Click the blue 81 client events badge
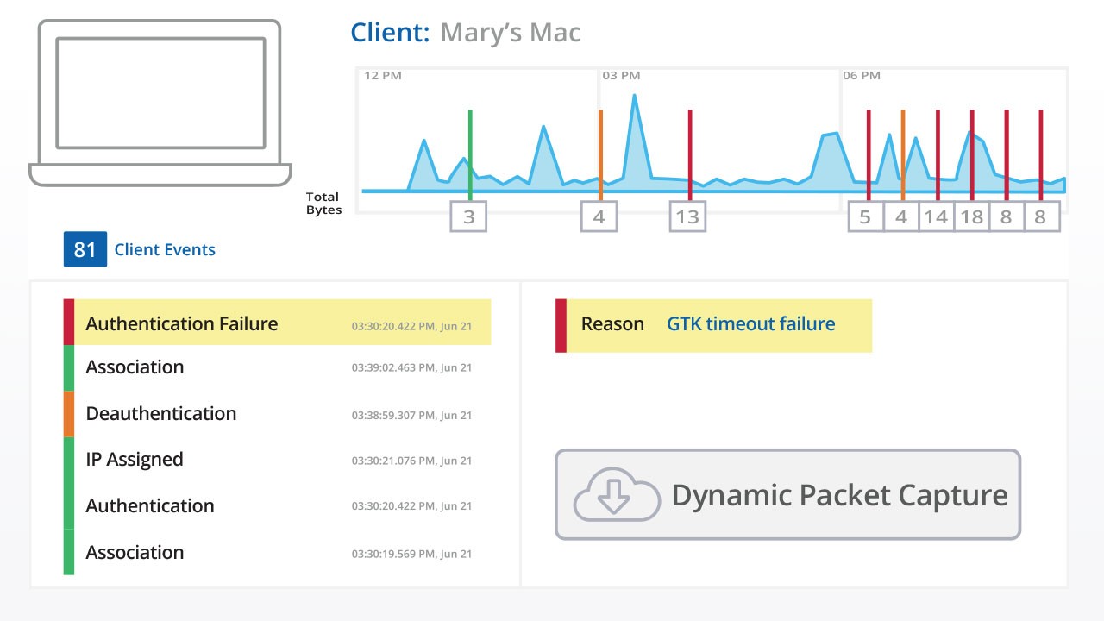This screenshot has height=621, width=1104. click(85, 249)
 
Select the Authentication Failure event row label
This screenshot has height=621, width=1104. click(182, 323)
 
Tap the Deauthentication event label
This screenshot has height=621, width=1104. click(161, 413)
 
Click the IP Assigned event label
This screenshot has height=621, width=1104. click(135, 460)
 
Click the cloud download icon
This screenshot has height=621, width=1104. click(616, 494)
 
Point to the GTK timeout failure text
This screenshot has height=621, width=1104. click(751, 323)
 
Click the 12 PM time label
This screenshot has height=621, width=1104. click(383, 75)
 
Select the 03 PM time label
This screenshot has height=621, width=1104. click(621, 75)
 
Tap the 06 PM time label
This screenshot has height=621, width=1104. click(862, 75)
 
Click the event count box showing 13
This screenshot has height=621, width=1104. click(687, 216)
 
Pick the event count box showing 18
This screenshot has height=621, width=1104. click(972, 216)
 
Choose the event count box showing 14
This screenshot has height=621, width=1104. click(937, 216)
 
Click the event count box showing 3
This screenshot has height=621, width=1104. click(468, 216)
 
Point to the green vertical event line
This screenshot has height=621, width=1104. click(470, 155)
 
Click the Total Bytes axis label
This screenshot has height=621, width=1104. click(323, 203)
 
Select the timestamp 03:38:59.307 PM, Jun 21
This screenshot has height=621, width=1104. click(411, 416)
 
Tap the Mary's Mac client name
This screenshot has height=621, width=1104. click(511, 33)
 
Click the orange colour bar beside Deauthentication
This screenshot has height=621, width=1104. click(69, 414)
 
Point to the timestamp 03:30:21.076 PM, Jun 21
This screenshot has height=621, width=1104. click(411, 461)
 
